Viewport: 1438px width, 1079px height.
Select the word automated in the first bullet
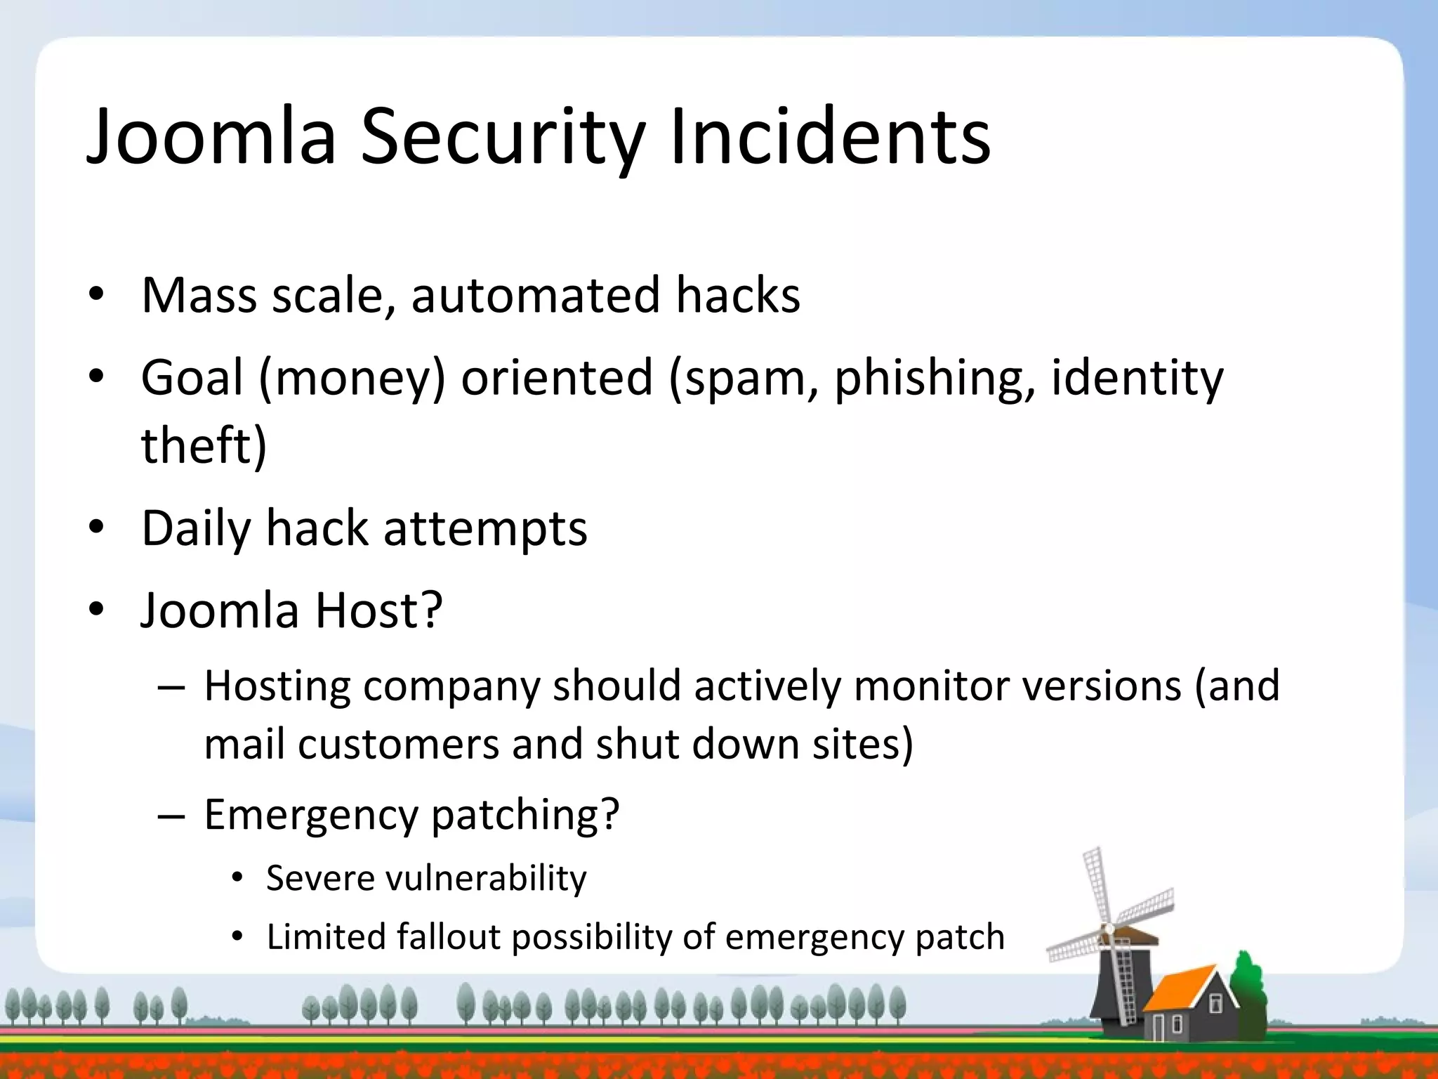point(535,295)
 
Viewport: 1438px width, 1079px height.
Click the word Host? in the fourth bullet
point(378,610)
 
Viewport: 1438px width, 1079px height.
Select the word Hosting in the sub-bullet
point(277,687)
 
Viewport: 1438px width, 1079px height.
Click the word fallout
point(448,937)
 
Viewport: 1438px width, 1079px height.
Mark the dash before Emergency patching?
point(171,817)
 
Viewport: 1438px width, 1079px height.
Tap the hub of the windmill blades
point(1108,929)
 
